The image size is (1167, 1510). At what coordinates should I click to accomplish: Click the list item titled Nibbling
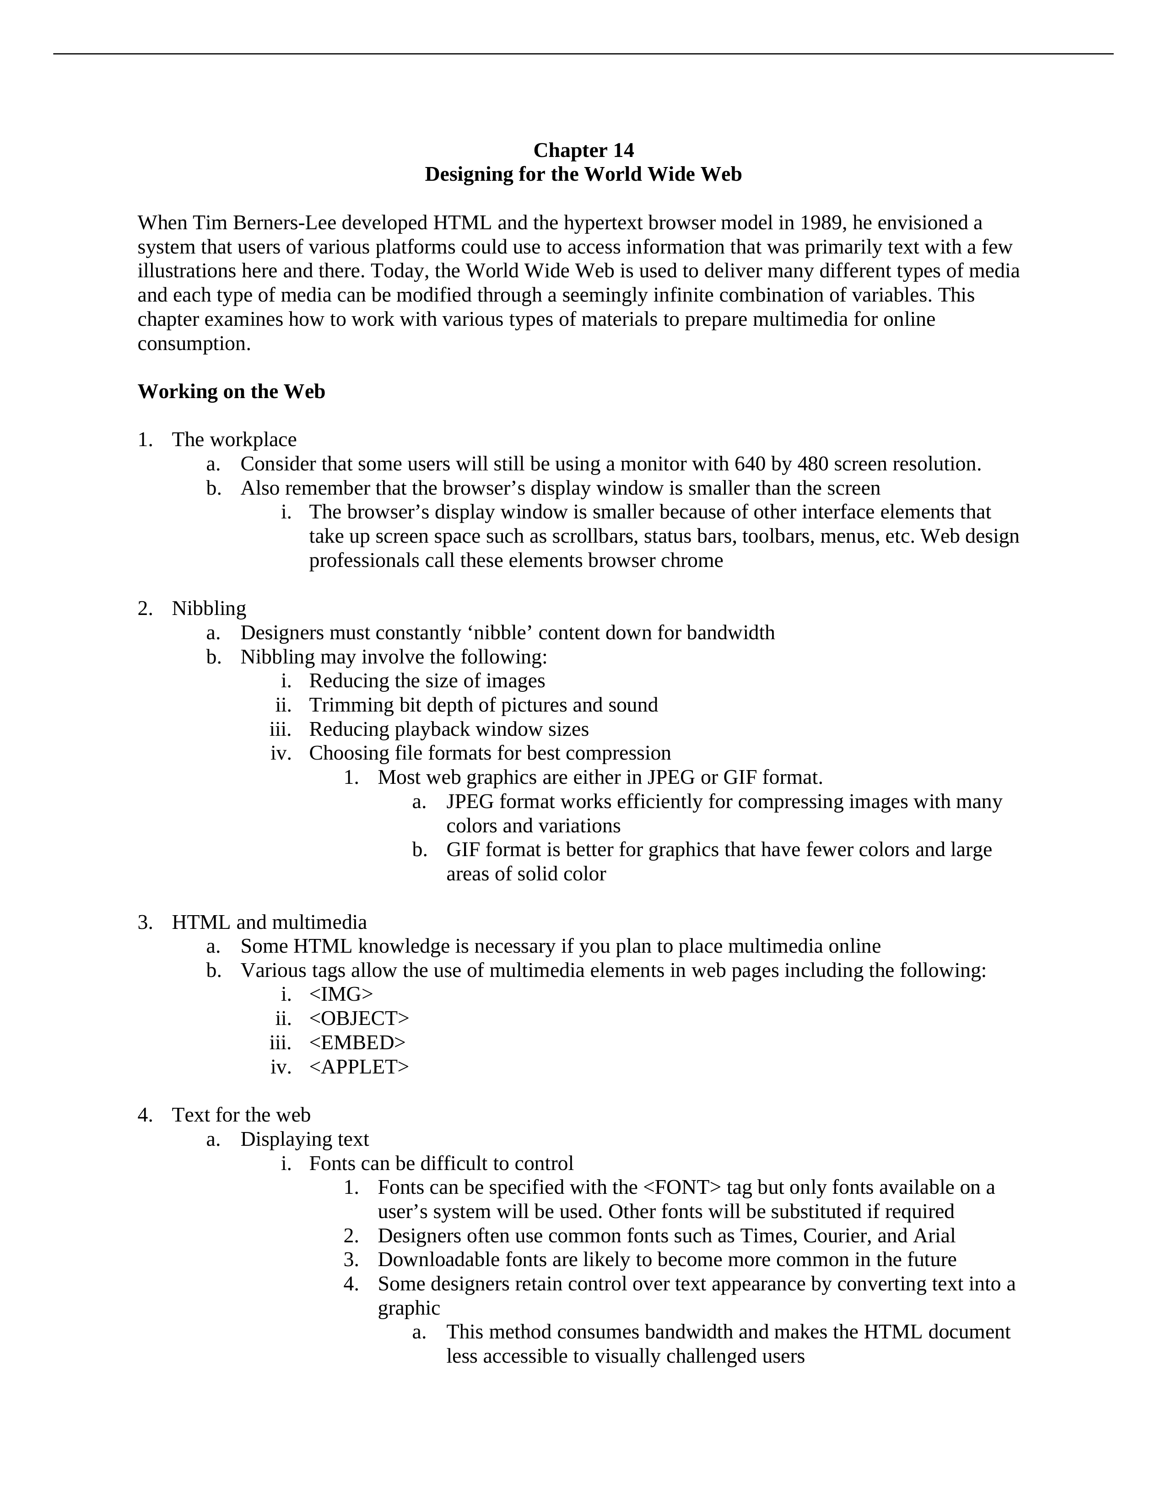pyautogui.click(x=209, y=609)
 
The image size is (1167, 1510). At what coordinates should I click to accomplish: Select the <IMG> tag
pyautogui.click(x=341, y=994)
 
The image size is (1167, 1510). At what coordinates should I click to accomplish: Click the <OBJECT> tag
pyautogui.click(x=359, y=1019)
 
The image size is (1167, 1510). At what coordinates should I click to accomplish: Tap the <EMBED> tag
pyautogui.click(x=357, y=1043)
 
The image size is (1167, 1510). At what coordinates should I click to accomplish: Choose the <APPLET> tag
pyautogui.click(x=359, y=1067)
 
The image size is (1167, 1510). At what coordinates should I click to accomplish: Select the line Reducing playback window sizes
pyautogui.click(x=448, y=729)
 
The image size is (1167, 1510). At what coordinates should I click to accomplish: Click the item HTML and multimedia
pyautogui.click(x=269, y=922)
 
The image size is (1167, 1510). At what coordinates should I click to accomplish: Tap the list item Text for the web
pyautogui.click(x=241, y=1115)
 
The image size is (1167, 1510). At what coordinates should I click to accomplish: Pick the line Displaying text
pyautogui.click(x=304, y=1139)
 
